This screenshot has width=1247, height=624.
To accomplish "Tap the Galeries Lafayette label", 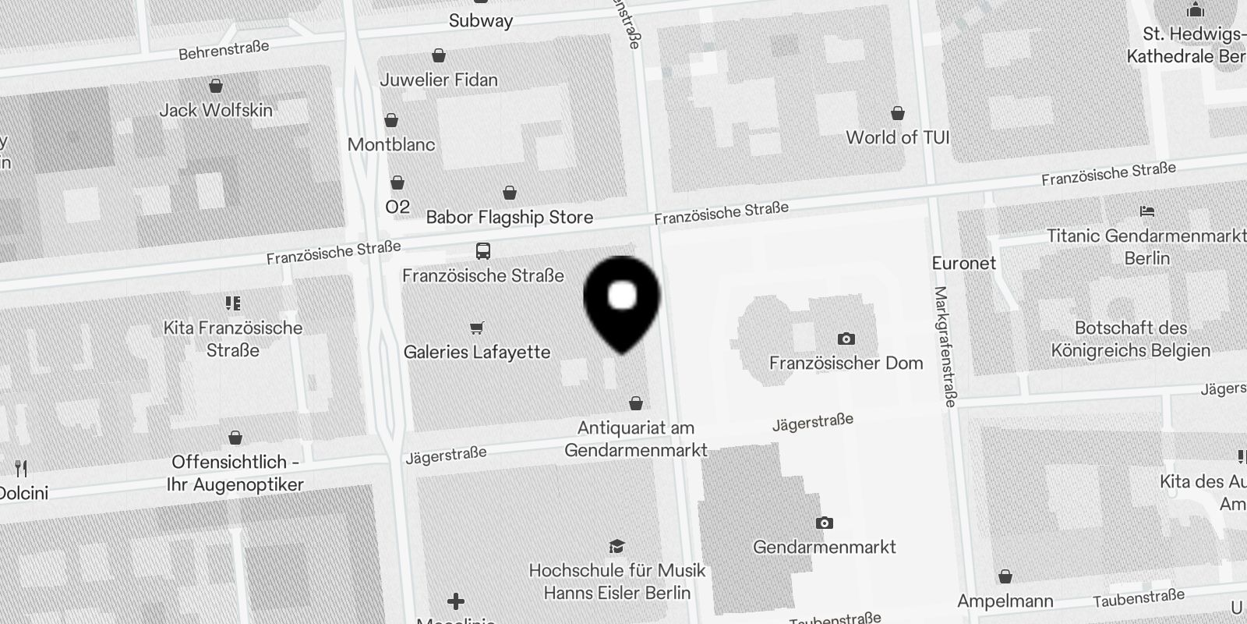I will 477,353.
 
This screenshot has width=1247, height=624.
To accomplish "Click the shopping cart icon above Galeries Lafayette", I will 477,328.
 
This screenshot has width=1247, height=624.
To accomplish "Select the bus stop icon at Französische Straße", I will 483,251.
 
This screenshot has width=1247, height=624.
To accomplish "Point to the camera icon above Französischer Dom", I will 846,339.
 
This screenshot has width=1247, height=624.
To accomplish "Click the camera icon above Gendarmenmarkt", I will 824,523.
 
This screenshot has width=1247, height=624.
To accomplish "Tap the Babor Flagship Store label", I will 510,218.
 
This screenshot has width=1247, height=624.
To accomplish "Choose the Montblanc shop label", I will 391,144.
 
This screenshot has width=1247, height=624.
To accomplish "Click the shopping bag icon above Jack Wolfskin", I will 216,86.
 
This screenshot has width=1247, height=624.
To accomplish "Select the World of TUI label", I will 898,138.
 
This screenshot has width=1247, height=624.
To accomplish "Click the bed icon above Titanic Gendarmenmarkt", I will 1146,211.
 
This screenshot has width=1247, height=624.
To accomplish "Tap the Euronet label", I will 964,264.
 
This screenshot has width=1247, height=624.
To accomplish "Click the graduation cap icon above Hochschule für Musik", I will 616,546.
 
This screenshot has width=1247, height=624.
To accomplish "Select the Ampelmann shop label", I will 1005,601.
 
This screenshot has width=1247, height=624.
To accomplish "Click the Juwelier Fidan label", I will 439,80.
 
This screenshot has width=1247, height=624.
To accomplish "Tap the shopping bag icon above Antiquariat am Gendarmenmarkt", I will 636,403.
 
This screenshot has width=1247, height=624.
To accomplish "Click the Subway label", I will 481,21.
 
